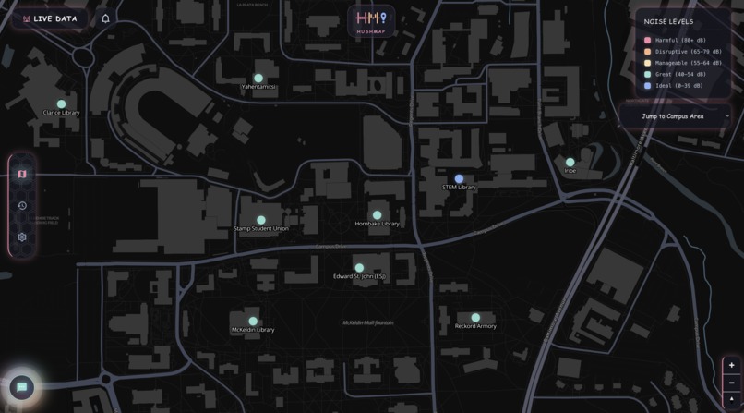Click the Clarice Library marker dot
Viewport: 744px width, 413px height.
click(61, 104)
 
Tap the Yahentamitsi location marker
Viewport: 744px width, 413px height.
click(258, 79)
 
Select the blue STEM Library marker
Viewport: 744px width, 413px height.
click(459, 178)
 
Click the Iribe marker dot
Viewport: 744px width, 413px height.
click(570, 163)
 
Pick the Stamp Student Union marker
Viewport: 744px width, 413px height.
click(260, 220)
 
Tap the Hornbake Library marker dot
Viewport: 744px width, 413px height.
click(377, 215)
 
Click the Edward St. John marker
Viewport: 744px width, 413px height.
click(359, 268)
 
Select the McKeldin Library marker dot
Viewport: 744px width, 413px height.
click(252, 322)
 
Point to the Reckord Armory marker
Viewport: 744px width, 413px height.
click(475, 318)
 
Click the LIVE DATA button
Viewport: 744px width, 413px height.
click(51, 18)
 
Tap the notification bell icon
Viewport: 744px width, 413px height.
click(105, 18)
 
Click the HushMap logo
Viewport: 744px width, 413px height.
click(372, 20)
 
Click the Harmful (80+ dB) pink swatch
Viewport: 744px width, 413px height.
click(648, 41)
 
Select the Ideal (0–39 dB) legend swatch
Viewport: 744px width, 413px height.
click(648, 86)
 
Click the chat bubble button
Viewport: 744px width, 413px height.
click(22, 387)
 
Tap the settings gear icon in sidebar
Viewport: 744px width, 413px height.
click(22, 237)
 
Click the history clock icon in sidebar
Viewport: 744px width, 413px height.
click(22, 205)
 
